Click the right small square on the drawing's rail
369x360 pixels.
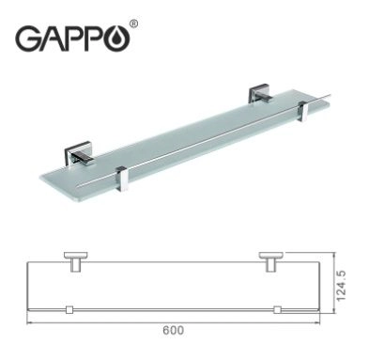(276, 309)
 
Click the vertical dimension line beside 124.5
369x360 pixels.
(336, 282)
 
